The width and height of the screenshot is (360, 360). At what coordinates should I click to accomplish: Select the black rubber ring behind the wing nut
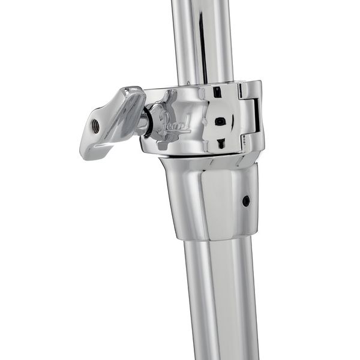146,120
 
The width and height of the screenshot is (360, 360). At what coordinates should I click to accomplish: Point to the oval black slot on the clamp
220,121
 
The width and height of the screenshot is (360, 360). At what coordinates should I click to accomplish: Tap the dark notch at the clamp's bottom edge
220,143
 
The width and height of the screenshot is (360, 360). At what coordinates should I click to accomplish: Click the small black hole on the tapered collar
246,201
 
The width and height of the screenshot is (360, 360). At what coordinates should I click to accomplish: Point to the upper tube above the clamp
201,36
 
